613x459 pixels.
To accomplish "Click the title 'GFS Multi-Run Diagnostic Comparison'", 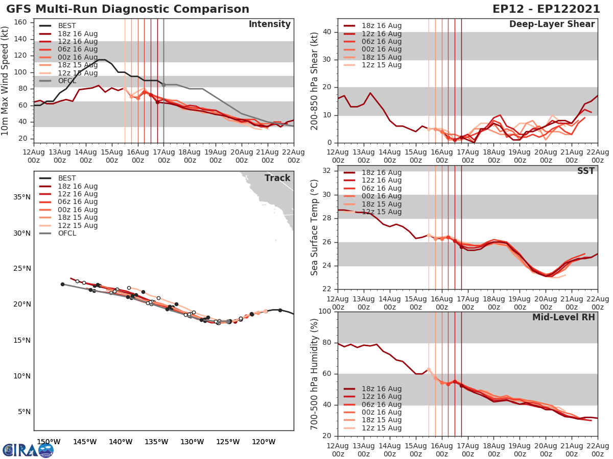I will click(x=128, y=9).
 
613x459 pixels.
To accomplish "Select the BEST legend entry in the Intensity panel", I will click(x=67, y=26).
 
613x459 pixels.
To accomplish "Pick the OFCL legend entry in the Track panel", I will click(x=67, y=233).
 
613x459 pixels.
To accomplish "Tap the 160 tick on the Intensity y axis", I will click(x=23, y=22).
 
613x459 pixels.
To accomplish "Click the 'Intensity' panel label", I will click(x=269, y=24).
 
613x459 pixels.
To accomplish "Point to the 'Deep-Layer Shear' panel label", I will click(x=552, y=24).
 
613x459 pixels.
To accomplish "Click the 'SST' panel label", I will click(x=586, y=171).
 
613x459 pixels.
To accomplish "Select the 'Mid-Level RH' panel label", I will click(x=563, y=317).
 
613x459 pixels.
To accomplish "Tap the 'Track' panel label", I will click(x=277, y=178).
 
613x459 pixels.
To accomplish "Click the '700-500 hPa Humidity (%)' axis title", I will click(x=315, y=374).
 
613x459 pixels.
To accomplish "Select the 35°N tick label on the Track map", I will click(x=21, y=197).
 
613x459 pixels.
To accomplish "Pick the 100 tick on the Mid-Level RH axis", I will click(x=325, y=312).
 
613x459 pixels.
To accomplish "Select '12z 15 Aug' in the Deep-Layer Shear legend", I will click(x=382, y=65).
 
